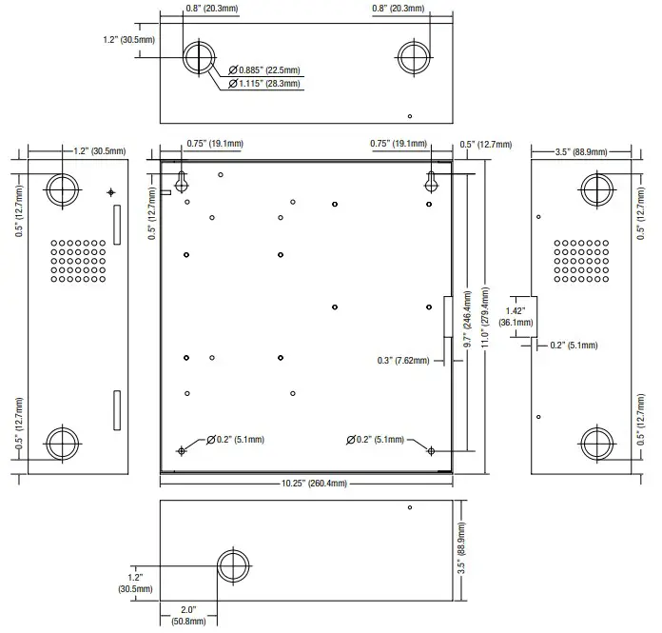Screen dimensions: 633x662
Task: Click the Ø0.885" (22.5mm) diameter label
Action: coord(268,69)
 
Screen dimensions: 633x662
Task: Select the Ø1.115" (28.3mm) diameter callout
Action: coord(268,84)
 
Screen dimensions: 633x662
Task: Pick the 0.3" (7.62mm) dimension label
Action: coord(403,361)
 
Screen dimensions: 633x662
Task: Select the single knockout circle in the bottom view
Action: coord(232,566)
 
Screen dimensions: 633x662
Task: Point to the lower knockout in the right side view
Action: coord(597,443)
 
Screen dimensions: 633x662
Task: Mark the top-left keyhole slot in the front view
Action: coord(183,179)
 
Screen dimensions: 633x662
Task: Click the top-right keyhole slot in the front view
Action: coord(431,179)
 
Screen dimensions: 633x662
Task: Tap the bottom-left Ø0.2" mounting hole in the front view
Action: coord(182,450)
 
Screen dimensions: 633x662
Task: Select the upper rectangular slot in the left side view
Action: coord(116,225)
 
